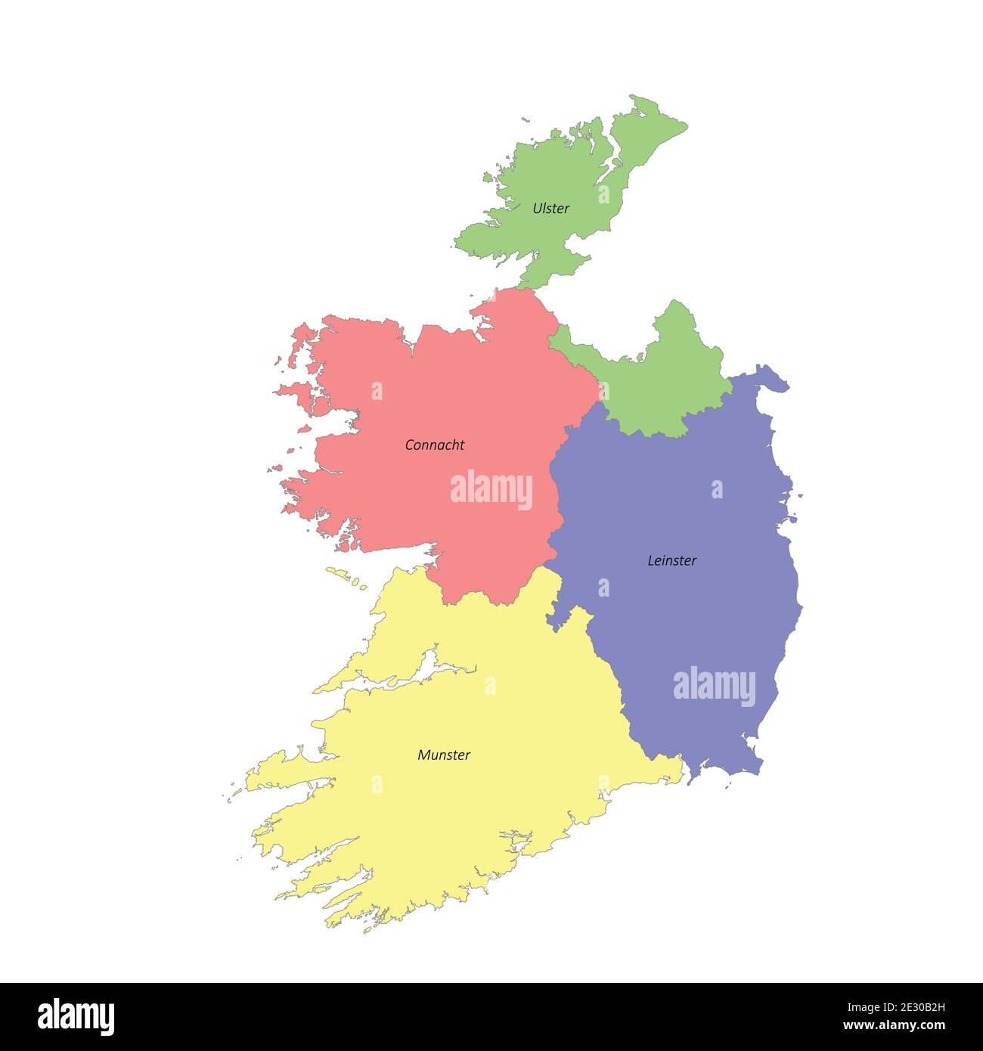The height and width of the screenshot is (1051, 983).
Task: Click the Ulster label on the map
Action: (550, 208)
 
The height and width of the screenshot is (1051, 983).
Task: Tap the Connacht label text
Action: (434, 445)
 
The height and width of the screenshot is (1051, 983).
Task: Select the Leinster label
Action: (671, 560)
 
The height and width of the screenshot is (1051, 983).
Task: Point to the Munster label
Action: (444, 755)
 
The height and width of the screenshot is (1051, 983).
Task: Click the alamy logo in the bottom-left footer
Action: (76, 1016)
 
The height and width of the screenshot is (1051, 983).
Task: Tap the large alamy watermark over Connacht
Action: (491, 490)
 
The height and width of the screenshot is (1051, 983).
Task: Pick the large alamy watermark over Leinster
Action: (714, 687)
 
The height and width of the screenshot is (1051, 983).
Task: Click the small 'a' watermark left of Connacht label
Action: (377, 391)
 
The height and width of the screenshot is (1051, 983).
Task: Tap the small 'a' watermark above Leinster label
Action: (717, 490)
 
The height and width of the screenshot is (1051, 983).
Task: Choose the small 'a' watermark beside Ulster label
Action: (603, 194)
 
